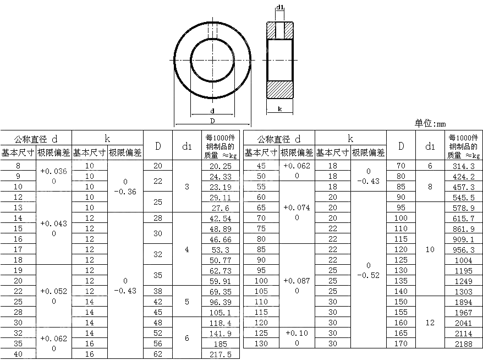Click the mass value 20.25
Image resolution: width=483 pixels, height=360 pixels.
click(221, 166)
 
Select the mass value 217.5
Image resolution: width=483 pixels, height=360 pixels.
click(221, 354)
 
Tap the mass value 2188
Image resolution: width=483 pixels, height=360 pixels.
click(464, 343)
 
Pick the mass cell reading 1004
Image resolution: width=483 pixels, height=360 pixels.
click(464, 260)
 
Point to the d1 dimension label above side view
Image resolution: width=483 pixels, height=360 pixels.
click(280, 7)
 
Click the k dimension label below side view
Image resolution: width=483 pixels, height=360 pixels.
click(280, 108)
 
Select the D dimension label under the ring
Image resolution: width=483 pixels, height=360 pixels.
click(212, 121)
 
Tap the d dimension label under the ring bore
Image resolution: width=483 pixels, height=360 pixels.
click(212, 111)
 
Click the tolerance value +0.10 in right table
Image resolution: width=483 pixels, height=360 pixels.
click(297, 333)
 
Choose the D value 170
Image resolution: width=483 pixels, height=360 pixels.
click(401, 343)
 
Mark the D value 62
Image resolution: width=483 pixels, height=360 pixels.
click(158, 354)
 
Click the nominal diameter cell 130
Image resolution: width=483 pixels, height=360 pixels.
click(261, 343)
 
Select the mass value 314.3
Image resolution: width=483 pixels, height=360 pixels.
click(464, 166)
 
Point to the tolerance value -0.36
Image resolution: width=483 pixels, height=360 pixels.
click(125, 192)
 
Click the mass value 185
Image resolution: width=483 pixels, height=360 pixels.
click(221, 343)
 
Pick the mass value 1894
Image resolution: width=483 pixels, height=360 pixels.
click(464, 302)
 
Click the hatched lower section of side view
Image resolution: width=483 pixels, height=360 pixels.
click(280, 88)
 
